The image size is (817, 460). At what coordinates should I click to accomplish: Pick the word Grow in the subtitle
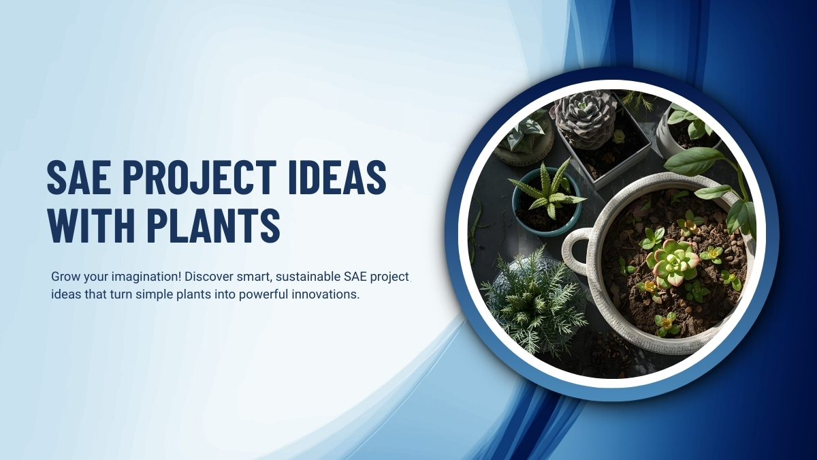tap(65, 277)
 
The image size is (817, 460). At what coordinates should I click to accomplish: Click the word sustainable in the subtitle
tap(298, 277)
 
